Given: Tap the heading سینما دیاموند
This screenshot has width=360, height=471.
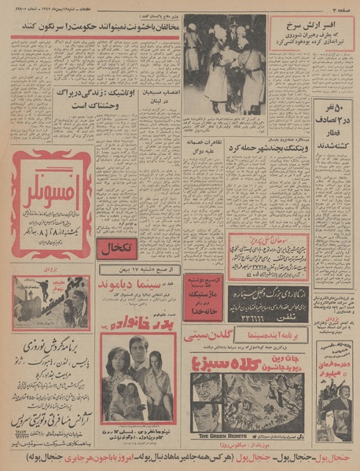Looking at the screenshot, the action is point(137,287).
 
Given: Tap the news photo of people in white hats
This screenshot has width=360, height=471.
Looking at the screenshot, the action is point(225,63).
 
